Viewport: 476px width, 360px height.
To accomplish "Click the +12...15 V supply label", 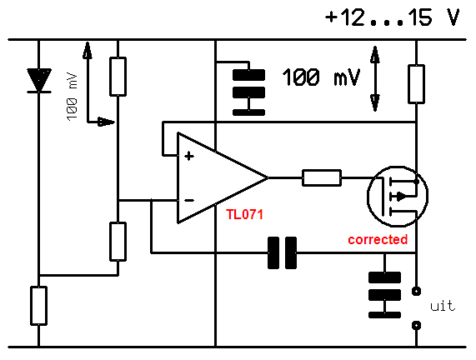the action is pos(392,17).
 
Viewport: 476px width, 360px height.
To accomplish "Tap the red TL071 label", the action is pos(245,215).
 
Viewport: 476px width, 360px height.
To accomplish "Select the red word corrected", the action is pos(378,239).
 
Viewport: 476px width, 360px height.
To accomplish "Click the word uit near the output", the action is pos(443,306).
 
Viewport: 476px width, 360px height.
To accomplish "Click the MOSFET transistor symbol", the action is pos(398,197).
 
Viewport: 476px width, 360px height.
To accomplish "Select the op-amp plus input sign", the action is pos(189,156).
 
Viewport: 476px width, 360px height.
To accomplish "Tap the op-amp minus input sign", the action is pos(189,200).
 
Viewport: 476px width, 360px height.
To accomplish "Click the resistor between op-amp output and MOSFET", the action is pos(322,177).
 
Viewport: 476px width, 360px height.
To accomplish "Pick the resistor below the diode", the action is pos(39,306).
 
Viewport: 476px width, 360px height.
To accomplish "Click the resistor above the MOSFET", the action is pos(416,84).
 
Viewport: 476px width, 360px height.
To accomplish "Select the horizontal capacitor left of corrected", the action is pos(282,252).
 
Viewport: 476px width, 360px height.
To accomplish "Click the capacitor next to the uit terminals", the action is pos(384,295).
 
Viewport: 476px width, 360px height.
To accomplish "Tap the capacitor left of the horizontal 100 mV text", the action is pos(248,92).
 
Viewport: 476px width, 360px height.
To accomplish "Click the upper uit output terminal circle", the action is pos(416,291).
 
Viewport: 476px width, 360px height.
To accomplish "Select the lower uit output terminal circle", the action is pos(416,325).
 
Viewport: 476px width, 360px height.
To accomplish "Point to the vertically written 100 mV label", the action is pos(73,97).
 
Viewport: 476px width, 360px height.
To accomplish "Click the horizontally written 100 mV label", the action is pos(321,77).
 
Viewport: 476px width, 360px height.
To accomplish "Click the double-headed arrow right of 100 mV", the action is pos(375,79).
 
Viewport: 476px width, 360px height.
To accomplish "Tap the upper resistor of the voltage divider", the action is pos(118,77).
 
